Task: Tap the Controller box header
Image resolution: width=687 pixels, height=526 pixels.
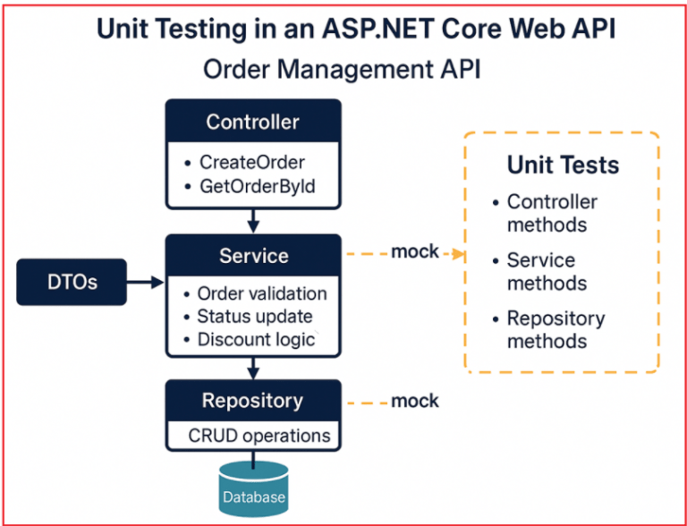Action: [x=253, y=122]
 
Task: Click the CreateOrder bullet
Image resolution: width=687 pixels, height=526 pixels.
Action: [x=251, y=163]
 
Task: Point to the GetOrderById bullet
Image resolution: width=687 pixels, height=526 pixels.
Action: [x=258, y=186]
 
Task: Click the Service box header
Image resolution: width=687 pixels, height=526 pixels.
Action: [x=253, y=256]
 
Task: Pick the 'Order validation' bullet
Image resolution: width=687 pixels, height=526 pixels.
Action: [x=261, y=293]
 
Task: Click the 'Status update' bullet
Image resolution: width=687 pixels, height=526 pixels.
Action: [x=254, y=316]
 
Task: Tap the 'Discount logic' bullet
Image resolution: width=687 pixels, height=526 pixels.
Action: [x=255, y=339]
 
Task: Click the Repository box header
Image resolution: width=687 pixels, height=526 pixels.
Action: [x=252, y=401]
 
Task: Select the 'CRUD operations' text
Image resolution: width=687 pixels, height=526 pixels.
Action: [x=259, y=436]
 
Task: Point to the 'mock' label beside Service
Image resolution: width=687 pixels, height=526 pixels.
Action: [x=415, y=251]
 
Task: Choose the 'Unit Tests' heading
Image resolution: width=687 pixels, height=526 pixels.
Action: [x=563, y=165]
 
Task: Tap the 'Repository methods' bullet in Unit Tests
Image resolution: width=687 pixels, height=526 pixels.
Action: [x=555, y=329]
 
